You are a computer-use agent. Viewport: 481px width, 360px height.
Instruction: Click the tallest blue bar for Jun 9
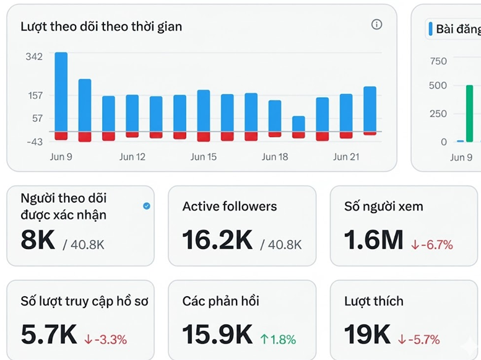click(61, 92)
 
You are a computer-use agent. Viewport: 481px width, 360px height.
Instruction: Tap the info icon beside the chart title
click(377, 24)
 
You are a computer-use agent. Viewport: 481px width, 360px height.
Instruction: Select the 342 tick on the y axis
click(34, 56)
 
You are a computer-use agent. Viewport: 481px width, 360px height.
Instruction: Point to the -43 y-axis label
click(35, 142)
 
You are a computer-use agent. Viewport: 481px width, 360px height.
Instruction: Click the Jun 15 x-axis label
click(204, 157)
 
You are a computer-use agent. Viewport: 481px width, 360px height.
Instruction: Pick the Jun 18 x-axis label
click(275, 157)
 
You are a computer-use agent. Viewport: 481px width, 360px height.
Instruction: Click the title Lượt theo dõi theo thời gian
click(102, 27)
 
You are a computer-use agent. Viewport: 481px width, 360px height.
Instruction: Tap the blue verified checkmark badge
click(147, 206)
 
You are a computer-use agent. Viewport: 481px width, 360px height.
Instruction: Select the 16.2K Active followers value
click(217, 240)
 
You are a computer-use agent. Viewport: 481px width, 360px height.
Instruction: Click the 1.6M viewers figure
click(374, 240)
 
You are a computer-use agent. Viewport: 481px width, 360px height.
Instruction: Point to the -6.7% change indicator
click(432, 245)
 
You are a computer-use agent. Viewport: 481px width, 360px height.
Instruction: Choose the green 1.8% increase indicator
click(278, 340)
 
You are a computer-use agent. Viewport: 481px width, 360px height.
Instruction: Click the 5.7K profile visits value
click(49, 335)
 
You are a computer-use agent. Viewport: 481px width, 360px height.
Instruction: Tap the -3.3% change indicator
click(105, 340)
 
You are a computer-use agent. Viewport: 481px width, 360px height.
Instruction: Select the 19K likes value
click(367, 335)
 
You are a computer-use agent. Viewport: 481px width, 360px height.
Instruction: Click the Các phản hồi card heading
click(220, 301)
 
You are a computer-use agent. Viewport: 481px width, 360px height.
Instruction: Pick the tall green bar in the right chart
click(469, 113)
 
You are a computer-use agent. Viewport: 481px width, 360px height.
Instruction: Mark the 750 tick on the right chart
click(438, 61)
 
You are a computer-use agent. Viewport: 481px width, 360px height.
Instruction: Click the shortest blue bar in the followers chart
click(298, 124)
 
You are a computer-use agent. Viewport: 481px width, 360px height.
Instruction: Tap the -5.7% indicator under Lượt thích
click(419, 340)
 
